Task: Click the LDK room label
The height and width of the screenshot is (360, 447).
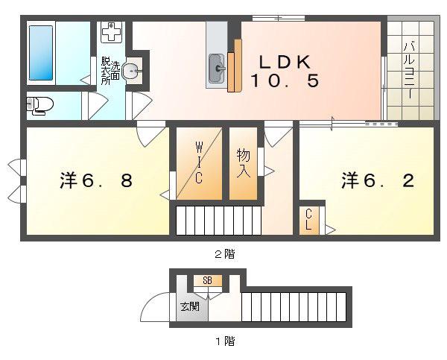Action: click(285, 72)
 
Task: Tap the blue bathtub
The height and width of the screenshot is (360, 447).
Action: click(41, 53)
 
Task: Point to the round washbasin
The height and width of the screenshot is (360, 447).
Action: click(130, 70)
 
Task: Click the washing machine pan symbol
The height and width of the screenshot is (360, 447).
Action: click(112, 32)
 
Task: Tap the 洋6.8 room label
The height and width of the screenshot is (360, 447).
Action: click(96, 180)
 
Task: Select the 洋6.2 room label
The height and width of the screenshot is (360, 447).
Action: click(378, 180)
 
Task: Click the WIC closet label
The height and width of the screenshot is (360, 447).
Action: click(199, 163)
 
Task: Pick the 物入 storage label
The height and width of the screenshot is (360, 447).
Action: click(244, 163)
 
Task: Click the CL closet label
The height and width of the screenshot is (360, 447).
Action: click(308, 219)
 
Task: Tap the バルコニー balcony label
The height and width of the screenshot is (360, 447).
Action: click(410, 71)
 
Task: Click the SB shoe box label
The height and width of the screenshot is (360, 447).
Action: click(208, 281)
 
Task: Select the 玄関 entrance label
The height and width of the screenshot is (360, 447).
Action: click(190, 306)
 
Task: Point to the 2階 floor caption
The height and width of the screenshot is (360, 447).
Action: click(225, 253)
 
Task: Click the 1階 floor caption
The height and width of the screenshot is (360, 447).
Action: click(225, 341)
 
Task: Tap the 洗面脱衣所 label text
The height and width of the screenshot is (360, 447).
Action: click(110, 71)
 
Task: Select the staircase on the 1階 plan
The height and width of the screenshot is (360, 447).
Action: click(294, 307)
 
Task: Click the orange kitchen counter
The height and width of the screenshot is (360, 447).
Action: click(235, 66)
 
